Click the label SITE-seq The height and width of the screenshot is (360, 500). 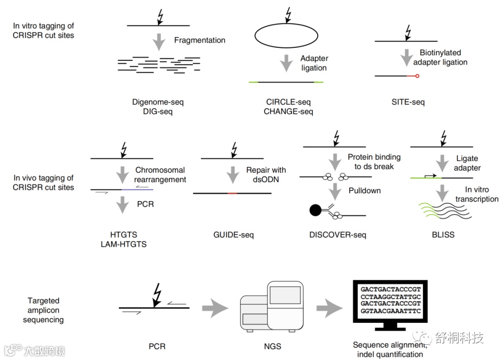point(408,101)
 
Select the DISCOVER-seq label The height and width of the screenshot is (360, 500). point(337,235)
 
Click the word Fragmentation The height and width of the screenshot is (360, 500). point(200,40)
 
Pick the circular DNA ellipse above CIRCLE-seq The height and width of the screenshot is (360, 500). point(287,36)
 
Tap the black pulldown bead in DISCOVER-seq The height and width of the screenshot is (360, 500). point(315,210)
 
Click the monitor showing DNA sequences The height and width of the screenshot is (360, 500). point(390,304)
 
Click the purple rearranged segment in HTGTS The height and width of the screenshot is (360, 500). point(137,189)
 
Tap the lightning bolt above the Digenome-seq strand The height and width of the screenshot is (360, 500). point(160,17)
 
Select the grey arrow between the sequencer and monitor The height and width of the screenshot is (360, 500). point(330,308)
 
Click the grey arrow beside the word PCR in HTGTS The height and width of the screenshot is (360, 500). point(122,204)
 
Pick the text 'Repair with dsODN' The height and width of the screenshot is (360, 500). point(266,175)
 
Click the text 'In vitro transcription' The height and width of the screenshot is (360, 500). point(476,195)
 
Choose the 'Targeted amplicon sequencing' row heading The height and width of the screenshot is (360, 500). point(43,310)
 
